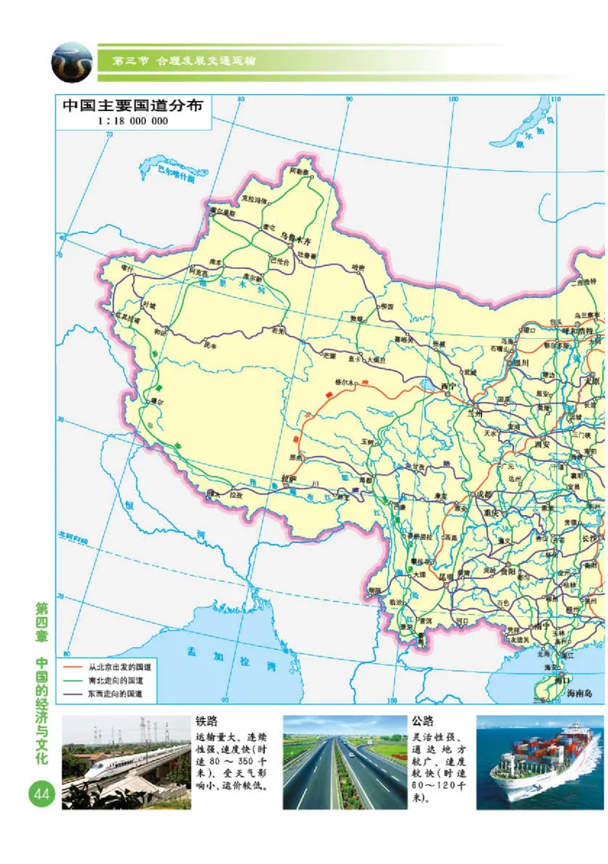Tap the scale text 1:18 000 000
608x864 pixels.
click(x=133, y=121)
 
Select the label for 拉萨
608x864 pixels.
click(x=287, y=479)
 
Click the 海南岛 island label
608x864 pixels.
click(x=581, y=693)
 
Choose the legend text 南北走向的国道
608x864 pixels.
click(x=115, y=680)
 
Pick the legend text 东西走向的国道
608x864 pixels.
click(x=115, y=694)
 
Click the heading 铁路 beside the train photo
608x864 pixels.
click(x=207, y=721)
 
